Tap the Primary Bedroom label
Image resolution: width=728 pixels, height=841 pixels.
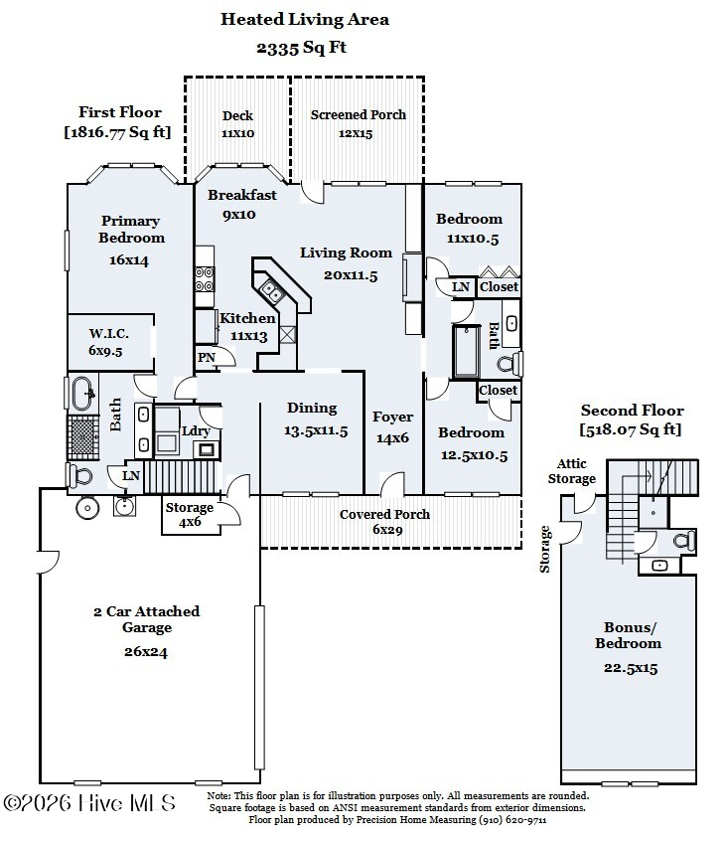(130, 230)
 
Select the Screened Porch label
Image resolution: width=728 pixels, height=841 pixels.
(358, 115)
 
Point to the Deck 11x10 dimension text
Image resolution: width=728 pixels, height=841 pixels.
(237, 132)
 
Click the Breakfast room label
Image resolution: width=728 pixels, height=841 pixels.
(242, 195)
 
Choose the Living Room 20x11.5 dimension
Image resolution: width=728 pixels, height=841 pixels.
(351, 275)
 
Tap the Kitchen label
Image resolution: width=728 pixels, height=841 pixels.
(247, 319)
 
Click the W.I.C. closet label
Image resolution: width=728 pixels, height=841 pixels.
(104, 333)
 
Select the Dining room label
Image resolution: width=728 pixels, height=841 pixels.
(312, 408)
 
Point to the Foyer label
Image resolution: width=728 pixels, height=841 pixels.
(392, 417)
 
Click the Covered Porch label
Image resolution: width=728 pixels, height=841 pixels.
(384, 514)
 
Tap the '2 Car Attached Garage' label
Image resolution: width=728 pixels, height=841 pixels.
(146, 619)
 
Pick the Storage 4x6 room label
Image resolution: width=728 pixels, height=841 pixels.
(189, 508)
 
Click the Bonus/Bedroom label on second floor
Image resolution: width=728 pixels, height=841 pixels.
(633, 635)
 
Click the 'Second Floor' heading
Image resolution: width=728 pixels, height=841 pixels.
(632, 411)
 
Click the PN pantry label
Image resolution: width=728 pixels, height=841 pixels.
(207, 358)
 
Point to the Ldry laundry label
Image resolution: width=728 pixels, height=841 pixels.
(195, 430)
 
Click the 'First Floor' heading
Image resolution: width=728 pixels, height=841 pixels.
(119, 112)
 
